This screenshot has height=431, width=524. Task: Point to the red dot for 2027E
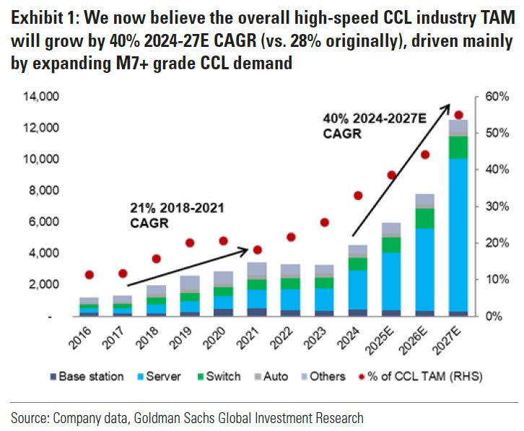tap(458, 115)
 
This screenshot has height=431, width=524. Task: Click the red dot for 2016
tap(89, 274)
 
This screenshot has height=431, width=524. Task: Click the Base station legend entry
tap(82, 376)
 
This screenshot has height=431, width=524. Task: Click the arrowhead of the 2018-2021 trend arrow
tap(248, 250)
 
